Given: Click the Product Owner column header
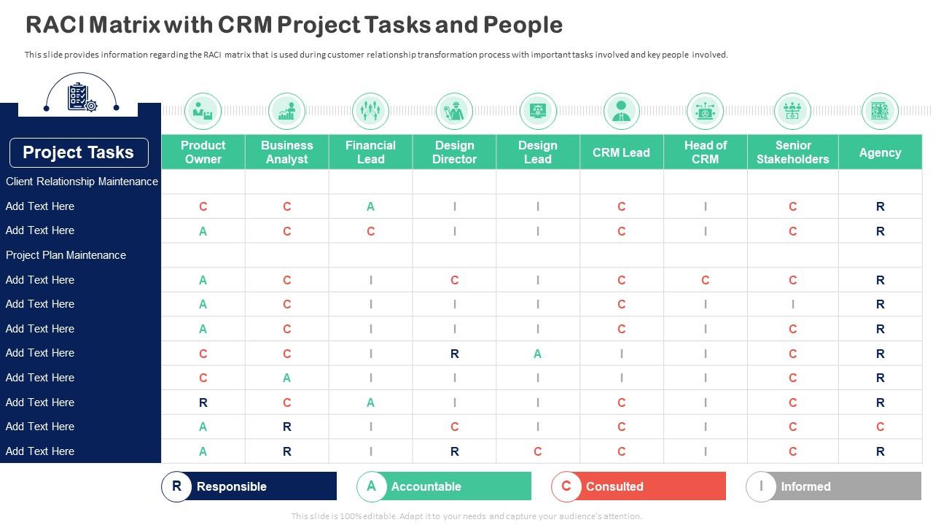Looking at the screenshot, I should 203,152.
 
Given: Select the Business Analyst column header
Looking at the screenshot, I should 286,152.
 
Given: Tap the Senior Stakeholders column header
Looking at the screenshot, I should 792,152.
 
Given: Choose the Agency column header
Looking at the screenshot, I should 880,152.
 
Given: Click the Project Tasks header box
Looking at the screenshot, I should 79,152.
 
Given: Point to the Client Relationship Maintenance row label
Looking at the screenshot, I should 82,182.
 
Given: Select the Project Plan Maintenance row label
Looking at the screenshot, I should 66,255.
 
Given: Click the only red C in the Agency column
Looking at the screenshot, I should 880,427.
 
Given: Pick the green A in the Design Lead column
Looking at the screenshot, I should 537,354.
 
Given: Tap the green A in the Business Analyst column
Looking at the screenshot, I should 286,378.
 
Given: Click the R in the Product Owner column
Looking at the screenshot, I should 203,402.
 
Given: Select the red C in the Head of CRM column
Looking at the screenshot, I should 705,280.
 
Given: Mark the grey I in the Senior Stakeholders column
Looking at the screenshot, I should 792,304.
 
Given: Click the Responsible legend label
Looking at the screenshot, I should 231,486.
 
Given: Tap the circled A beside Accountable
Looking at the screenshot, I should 371,486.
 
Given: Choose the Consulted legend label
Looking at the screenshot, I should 614,486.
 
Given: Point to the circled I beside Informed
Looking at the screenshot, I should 761,486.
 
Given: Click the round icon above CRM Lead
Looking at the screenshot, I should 621,111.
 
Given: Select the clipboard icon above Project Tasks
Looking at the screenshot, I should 81,97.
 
